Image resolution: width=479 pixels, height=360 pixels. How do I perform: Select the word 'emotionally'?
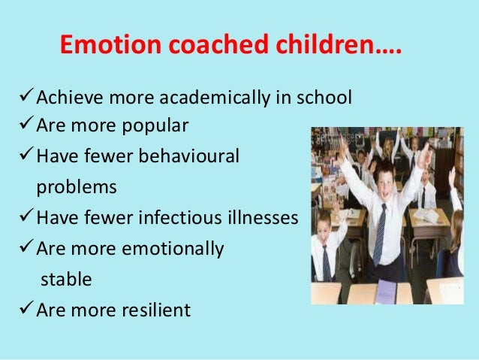point(174,249)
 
